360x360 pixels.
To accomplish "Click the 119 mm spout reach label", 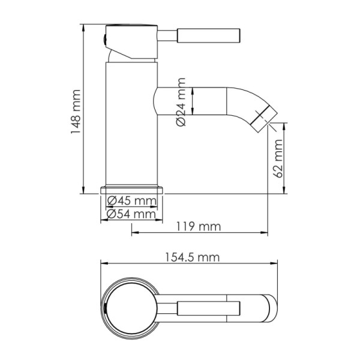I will (199, 227).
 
